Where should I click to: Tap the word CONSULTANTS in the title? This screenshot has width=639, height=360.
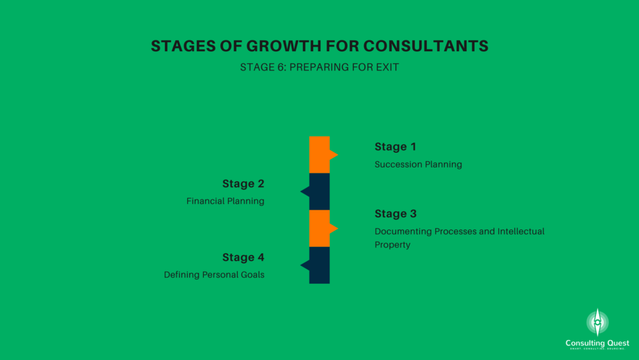[426, 46]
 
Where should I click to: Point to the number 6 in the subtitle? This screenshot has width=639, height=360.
[282, 67]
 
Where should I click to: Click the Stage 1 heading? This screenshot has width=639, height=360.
[396, 147]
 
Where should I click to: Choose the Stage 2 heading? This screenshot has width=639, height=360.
[243, 184]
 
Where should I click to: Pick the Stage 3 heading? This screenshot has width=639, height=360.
[396, 214]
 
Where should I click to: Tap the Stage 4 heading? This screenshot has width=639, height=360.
[243, 257]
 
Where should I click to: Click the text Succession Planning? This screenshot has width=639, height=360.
[419, 165]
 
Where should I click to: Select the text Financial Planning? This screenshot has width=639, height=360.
[226, 201]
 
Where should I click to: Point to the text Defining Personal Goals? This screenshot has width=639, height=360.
[214, 275]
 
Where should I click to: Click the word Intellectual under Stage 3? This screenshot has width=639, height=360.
[521, 231]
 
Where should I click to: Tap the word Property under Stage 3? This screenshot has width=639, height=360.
[392, 245]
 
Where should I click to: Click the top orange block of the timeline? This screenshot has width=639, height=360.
[319, 155]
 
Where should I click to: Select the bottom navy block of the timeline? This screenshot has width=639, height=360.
[319, 265]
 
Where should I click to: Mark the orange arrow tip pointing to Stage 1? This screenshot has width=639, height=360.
[337, 155]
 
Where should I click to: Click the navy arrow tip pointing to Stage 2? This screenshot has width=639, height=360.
[301, 191]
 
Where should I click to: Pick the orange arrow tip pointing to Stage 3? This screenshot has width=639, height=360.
[337, 228]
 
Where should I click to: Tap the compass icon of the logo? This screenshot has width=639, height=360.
[597, 322]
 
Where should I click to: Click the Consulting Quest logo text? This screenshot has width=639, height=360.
[597, 343]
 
